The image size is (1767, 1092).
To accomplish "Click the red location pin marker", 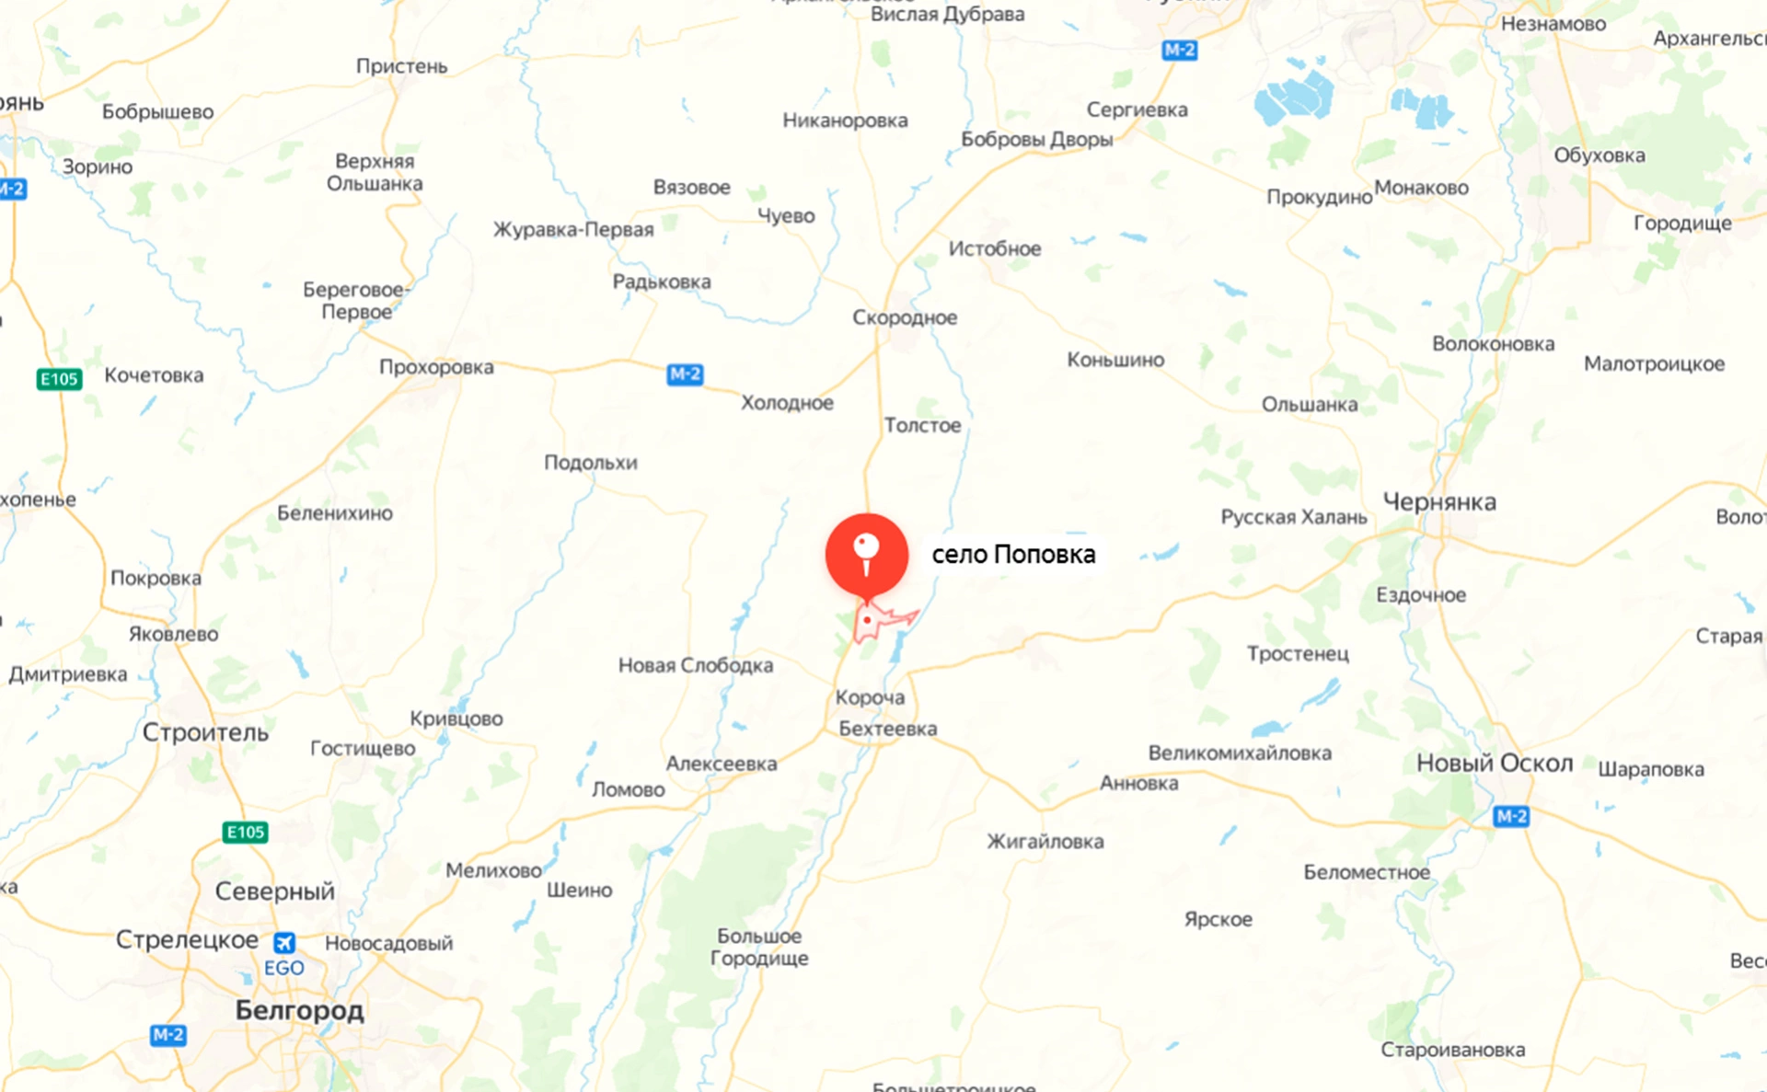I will (866, 554).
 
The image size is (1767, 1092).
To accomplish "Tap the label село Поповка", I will (1013, 555).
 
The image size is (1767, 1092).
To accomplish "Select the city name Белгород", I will (299, 1010).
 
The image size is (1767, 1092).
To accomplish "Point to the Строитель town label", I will (205, 732).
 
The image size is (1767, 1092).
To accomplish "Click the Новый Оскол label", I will (1495, 763).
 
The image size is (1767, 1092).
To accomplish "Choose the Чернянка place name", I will (1439, 502).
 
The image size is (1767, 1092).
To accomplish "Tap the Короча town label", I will (870, 697).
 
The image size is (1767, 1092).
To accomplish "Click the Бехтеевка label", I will (887, 729).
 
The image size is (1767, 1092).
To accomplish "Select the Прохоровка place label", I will (436, 367).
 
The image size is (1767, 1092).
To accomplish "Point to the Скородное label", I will (904, 317).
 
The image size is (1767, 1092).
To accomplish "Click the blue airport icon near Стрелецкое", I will (284, 943).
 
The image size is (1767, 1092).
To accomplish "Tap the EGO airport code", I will (283, 968).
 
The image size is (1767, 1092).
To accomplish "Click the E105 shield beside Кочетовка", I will (60, 379).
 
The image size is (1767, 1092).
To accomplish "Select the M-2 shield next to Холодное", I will (685, 374).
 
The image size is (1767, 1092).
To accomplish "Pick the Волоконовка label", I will (1493, 344).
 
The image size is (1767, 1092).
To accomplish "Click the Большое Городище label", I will (759, 947).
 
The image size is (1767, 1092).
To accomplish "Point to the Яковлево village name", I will (173, 634).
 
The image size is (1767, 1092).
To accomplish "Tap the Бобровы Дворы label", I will (1036, 139).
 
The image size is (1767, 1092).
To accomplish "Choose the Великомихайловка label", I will (1240, 753).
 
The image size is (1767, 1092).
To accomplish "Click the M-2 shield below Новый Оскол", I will (1511, 816).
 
